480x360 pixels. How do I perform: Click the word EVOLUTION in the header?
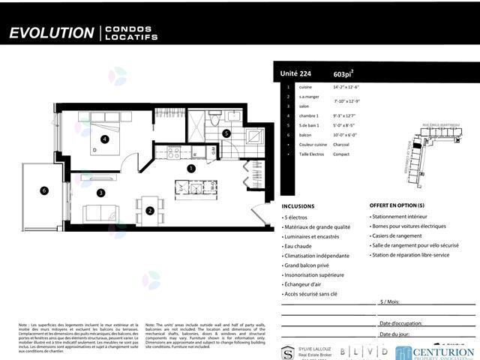(51, 33)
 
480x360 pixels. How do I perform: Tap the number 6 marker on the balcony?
(44, 190)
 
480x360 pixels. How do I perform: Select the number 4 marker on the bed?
(105, 139)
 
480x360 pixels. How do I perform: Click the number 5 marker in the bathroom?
(226, 133)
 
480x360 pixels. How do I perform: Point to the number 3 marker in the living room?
(100, 193)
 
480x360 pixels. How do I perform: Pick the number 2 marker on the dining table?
(150, 211)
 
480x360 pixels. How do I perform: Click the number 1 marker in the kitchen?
(191, 169)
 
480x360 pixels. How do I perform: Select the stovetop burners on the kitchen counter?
(174, 152)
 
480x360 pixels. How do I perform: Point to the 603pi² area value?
(343, 74)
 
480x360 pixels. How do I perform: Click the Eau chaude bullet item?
(300, 245)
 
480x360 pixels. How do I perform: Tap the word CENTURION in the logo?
(445, 349)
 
